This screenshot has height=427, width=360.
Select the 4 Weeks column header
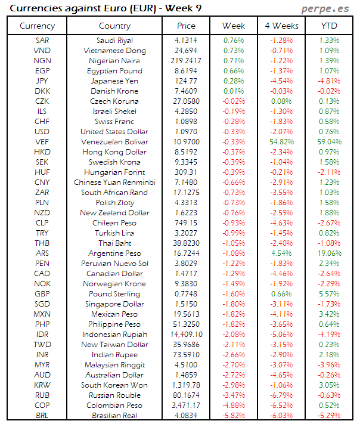tap(281, 26)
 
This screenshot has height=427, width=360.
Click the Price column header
tap(186, 26)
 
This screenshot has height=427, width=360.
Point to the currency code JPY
tap(42, 81)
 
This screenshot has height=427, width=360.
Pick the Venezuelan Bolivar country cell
tap(114, 142)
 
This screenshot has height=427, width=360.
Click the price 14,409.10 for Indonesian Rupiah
tap(186, 335)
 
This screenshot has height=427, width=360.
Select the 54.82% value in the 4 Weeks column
tap(281, 142)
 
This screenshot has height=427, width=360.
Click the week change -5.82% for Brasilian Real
tap(233, 416)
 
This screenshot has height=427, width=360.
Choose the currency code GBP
tap(42, 294)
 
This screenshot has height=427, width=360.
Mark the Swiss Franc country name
tap(114, 122)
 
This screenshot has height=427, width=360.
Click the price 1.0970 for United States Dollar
tap(186, 132)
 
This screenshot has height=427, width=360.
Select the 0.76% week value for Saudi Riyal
tap(233, 41)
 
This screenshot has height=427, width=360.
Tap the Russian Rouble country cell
tap(114, 395)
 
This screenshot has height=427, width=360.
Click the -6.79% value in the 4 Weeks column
tap(281, 395)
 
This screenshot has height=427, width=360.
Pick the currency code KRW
tap(42, 385)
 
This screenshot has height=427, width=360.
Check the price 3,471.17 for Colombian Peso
tap(186, 406)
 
